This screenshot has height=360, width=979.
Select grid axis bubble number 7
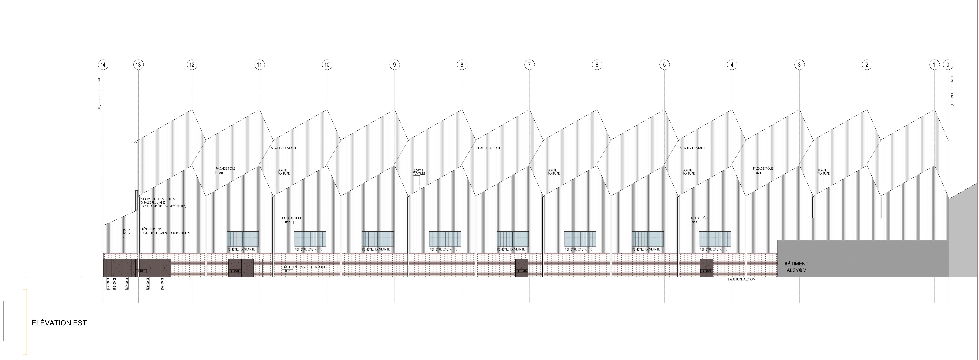529,65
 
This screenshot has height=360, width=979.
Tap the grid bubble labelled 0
948,65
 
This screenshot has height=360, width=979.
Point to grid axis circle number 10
327,65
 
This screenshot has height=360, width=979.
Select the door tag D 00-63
235,271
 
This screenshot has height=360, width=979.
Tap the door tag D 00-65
707,271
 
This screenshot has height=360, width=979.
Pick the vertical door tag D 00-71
108,284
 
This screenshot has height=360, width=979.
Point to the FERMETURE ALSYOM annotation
741,279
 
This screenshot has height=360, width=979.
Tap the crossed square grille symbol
127,231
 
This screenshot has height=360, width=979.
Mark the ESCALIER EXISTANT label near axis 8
488,148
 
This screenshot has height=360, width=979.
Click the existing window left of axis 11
242,239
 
